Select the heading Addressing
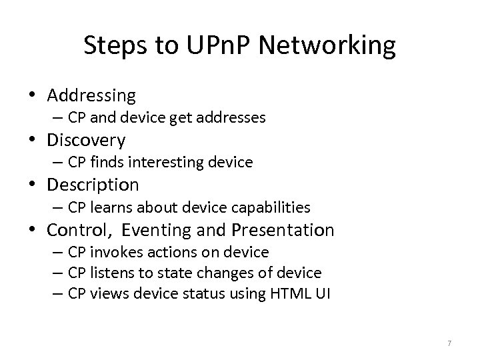pyautogui.click(x=91, y=95)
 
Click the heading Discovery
pyautogui.click(x=86, y=140)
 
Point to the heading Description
pyautogui.click(x=93, y=184)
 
